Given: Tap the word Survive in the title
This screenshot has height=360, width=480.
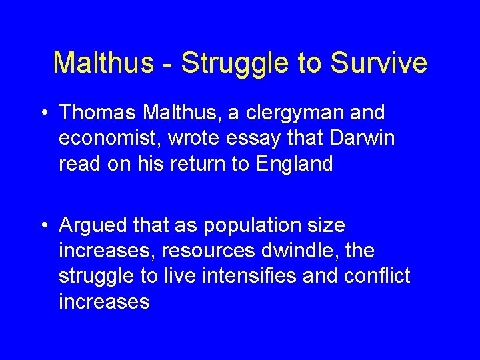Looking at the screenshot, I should [x=378, y=63].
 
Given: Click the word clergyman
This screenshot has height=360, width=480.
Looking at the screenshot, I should [x=291, y=113].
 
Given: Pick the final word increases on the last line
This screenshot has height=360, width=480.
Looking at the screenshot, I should [x=104, y=302].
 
